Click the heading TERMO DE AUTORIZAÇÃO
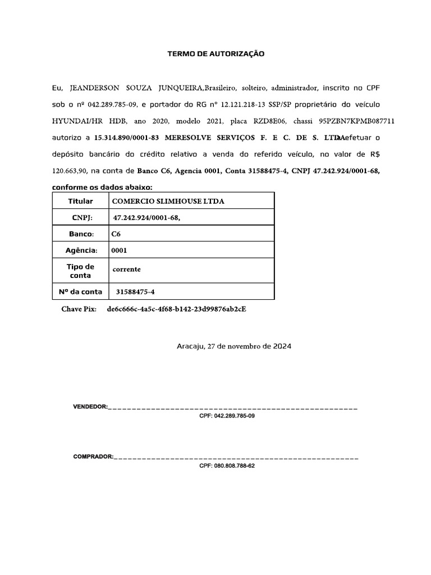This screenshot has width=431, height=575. click(x=215, y=54)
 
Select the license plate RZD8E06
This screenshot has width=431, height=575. click(x=270, y=121)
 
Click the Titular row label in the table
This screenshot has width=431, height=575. click(x=80, y=201)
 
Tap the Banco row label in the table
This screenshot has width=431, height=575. click(x=80, y=234)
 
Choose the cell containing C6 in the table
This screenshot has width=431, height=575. click(x=117, y=234)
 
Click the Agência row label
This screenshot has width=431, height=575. click(x=80, y=250)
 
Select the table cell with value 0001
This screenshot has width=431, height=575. click(x=120, y=250)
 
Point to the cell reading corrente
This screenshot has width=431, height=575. click(x=127, y=270)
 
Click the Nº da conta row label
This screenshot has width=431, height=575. click(x=80, y=292)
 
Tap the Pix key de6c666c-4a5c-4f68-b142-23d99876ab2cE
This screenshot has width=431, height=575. click(x=176, y=309)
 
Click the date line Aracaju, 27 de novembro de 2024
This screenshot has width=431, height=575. click(x=234, y=346)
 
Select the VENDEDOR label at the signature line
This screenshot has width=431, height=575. click(x=90, y=406)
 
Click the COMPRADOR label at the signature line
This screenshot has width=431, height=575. click(x=93, y=457)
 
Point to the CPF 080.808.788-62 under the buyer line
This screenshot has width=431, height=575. click(x=227, y=466)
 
